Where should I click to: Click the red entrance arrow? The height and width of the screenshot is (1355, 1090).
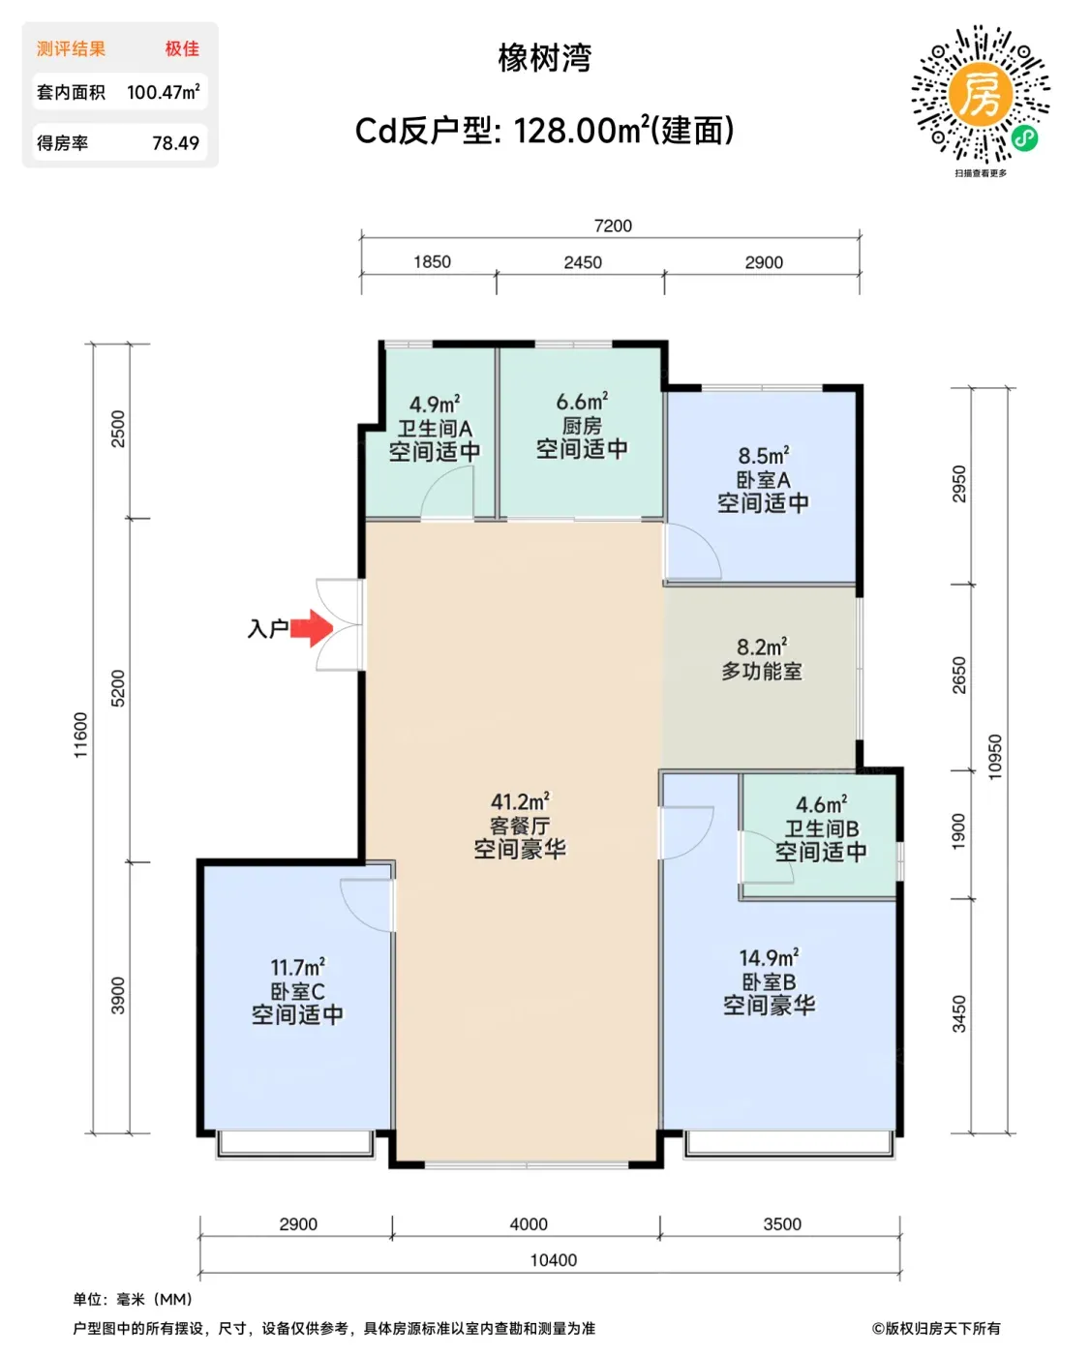pos(312,628)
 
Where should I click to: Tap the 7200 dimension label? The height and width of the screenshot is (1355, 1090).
pos(613,226)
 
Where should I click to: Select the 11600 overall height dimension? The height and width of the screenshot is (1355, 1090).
pos(80,735)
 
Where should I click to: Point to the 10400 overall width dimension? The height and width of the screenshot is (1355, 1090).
pos(554,1260)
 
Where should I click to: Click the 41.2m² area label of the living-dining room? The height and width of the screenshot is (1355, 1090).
pos(520,801)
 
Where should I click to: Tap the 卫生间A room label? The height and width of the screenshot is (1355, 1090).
pos(435,429)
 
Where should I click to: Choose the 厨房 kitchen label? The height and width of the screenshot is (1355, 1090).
pos(582,426)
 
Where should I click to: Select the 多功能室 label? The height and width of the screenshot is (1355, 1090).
pos(762,671)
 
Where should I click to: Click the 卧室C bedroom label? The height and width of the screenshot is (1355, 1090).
pos(297,992)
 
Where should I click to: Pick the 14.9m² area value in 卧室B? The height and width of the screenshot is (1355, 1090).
pos(769,957)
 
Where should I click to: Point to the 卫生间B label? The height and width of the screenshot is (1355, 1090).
pos(821,828)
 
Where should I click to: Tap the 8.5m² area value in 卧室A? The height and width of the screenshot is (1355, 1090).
pos(763,455)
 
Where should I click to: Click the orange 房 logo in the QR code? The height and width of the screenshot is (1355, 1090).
pos(980,94)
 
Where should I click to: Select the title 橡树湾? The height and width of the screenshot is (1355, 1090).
pos(545,58)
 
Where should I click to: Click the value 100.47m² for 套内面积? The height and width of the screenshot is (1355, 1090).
pos(163,92)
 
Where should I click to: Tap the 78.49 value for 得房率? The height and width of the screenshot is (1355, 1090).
pos(175,143)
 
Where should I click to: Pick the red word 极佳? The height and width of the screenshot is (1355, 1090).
pos(182,48)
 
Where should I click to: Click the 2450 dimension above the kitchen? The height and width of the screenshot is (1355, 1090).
pos(583,262)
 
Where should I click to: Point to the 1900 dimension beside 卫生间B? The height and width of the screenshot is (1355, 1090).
pos(957,831)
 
